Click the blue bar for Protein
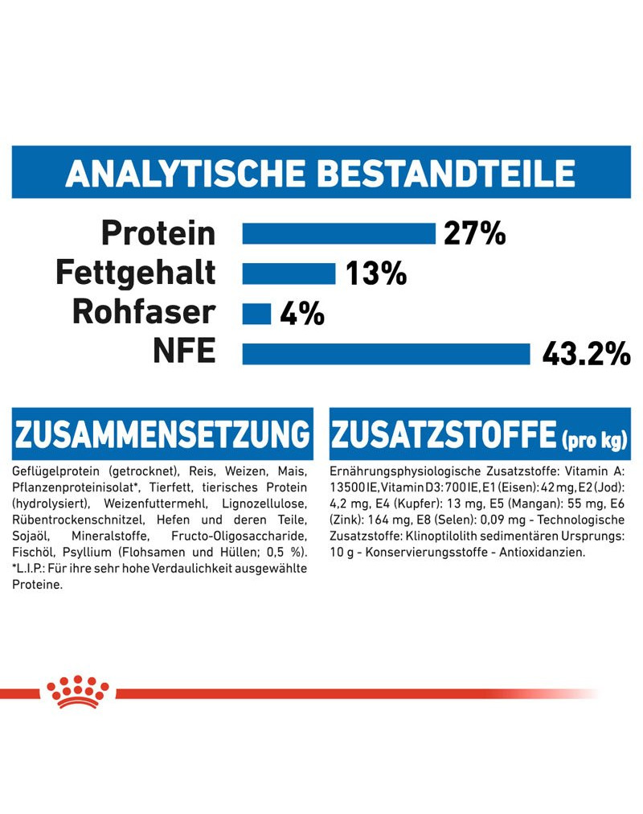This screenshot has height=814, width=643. pyautogui.click(x=338, y=233)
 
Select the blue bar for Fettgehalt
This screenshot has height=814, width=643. pyautogui.click(x=289, y=273)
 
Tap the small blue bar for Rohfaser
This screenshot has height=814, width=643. pyautogui.click(x=256, y=313)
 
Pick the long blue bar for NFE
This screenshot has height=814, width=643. pyautogui.click(x=386, y=353)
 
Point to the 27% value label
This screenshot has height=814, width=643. pyautogui.click(x=474, y=233)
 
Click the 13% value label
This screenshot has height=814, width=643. pyautogui.click(x=376, y=273)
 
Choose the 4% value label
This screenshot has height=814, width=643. pyautogui.click(x=302, y=313)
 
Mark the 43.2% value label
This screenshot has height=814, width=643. pyautogui.click(x=586, y=353)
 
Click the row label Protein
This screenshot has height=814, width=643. pyautogui.click(x=158, y=233)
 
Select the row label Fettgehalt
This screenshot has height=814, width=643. pyautogui.click(x=136, y=273)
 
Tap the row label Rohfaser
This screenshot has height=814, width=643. pyautogui.click(x=144, y=312)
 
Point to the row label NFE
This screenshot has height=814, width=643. pyautogui.click(x=184, y=352)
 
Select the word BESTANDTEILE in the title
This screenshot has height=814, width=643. pyautogui.click(x=446, y=173)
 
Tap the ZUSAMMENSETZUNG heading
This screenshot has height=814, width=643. pyautogui.click(x=162, y=434)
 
